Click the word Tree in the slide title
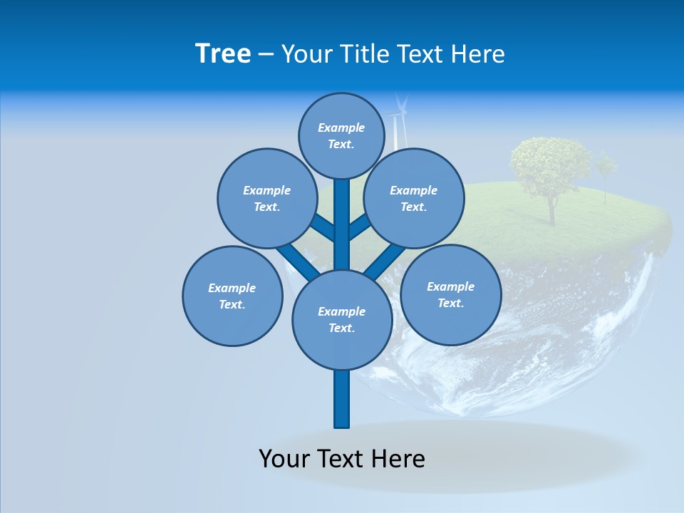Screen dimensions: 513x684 pos(223,54)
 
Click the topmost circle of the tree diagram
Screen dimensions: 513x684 pos(341,136)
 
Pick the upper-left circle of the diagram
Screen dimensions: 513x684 pos(266,199)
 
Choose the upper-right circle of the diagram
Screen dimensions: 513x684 pos(414,199)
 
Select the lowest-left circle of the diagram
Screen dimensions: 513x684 pos(232,296)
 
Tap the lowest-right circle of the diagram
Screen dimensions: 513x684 pos(450,295)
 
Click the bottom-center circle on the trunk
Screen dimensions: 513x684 pos(342,320)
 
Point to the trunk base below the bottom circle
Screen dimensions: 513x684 pos(342,399)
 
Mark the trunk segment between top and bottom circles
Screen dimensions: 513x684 pos(342,224)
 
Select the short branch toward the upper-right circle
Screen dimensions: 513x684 pos(361,227)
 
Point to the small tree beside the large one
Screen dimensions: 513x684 pos(606,168)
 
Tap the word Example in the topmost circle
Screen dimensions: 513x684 pos(341,128)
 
